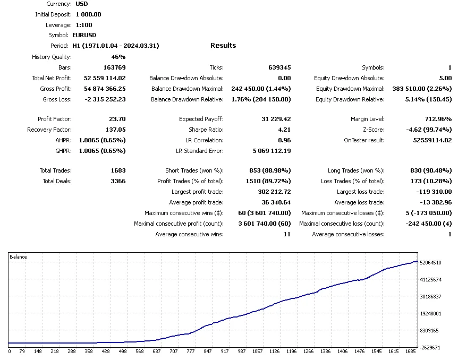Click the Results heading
coord(223,46)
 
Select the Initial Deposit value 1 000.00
coord(89,14)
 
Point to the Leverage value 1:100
coord(84,25)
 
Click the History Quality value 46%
coord(118,57)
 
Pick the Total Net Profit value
coord(105,78)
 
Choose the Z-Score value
coord(430,130)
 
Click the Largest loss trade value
coord(432,192)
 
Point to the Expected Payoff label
coord(201,119)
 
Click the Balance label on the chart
coord(19,257)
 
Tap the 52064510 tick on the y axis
coord(430,262)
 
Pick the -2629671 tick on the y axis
coord(430,347)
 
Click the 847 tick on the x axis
coord(208,352)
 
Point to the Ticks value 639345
coord(279,67)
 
